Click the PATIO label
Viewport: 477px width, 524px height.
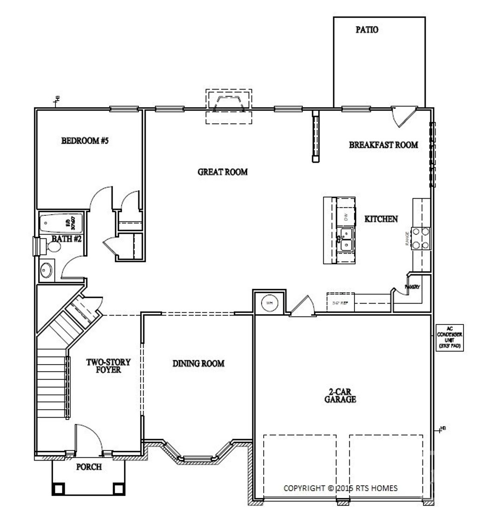tap(367, 30)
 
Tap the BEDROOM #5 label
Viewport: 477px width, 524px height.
tap(85, 140)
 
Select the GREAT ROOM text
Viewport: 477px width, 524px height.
tap(223, 172)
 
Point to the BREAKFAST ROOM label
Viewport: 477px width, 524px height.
tap(383, 145)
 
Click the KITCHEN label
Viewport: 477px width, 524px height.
tap(381, 219)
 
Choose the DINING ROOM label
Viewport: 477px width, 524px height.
tap(198, 363)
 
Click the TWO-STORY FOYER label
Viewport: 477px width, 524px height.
tap(109, 365)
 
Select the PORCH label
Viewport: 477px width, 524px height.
tap(89, 467)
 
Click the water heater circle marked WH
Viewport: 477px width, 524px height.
tap(269, 303)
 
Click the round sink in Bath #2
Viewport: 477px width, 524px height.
tap(46, 270)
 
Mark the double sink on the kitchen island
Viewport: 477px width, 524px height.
tap(346, 239)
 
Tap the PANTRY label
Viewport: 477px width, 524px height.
tap(413, 287)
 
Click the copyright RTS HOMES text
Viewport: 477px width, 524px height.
tap(341, 488)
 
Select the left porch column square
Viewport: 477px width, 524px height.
tap(59, 489)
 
